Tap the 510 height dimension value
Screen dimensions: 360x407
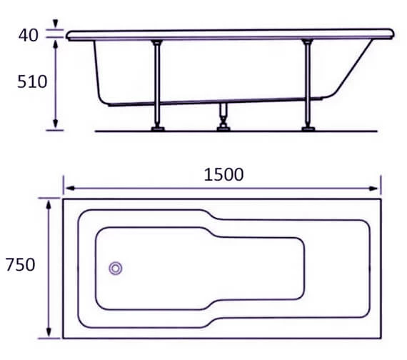click(32, 81)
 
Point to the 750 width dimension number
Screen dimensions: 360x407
click(20, 265)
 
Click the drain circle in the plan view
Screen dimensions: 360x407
click(116, 268)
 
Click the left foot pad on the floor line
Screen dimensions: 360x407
click(156, 129)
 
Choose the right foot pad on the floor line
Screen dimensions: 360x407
click(308, 129)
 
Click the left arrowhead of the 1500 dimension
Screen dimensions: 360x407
click(68, 189)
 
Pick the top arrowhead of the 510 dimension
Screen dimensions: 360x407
click(56, 42)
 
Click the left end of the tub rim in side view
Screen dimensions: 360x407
click(67, 34)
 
